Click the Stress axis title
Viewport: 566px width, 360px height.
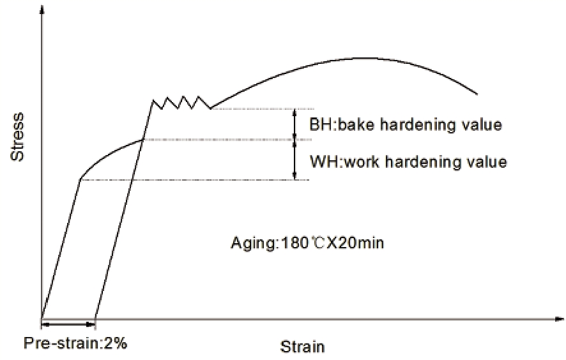point(18,137)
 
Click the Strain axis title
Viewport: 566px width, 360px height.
point(303,347)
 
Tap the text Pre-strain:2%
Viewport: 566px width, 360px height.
point(75,343)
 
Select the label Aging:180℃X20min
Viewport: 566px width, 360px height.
point(307,243)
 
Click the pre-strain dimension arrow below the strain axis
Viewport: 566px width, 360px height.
point(68,325)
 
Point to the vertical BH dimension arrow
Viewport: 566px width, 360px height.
point(294,124)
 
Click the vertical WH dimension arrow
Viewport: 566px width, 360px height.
point(294,160)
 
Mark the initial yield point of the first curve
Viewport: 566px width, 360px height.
point(80,179)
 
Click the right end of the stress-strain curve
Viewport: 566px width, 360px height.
point(477,94)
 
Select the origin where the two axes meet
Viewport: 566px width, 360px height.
point(42,319)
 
